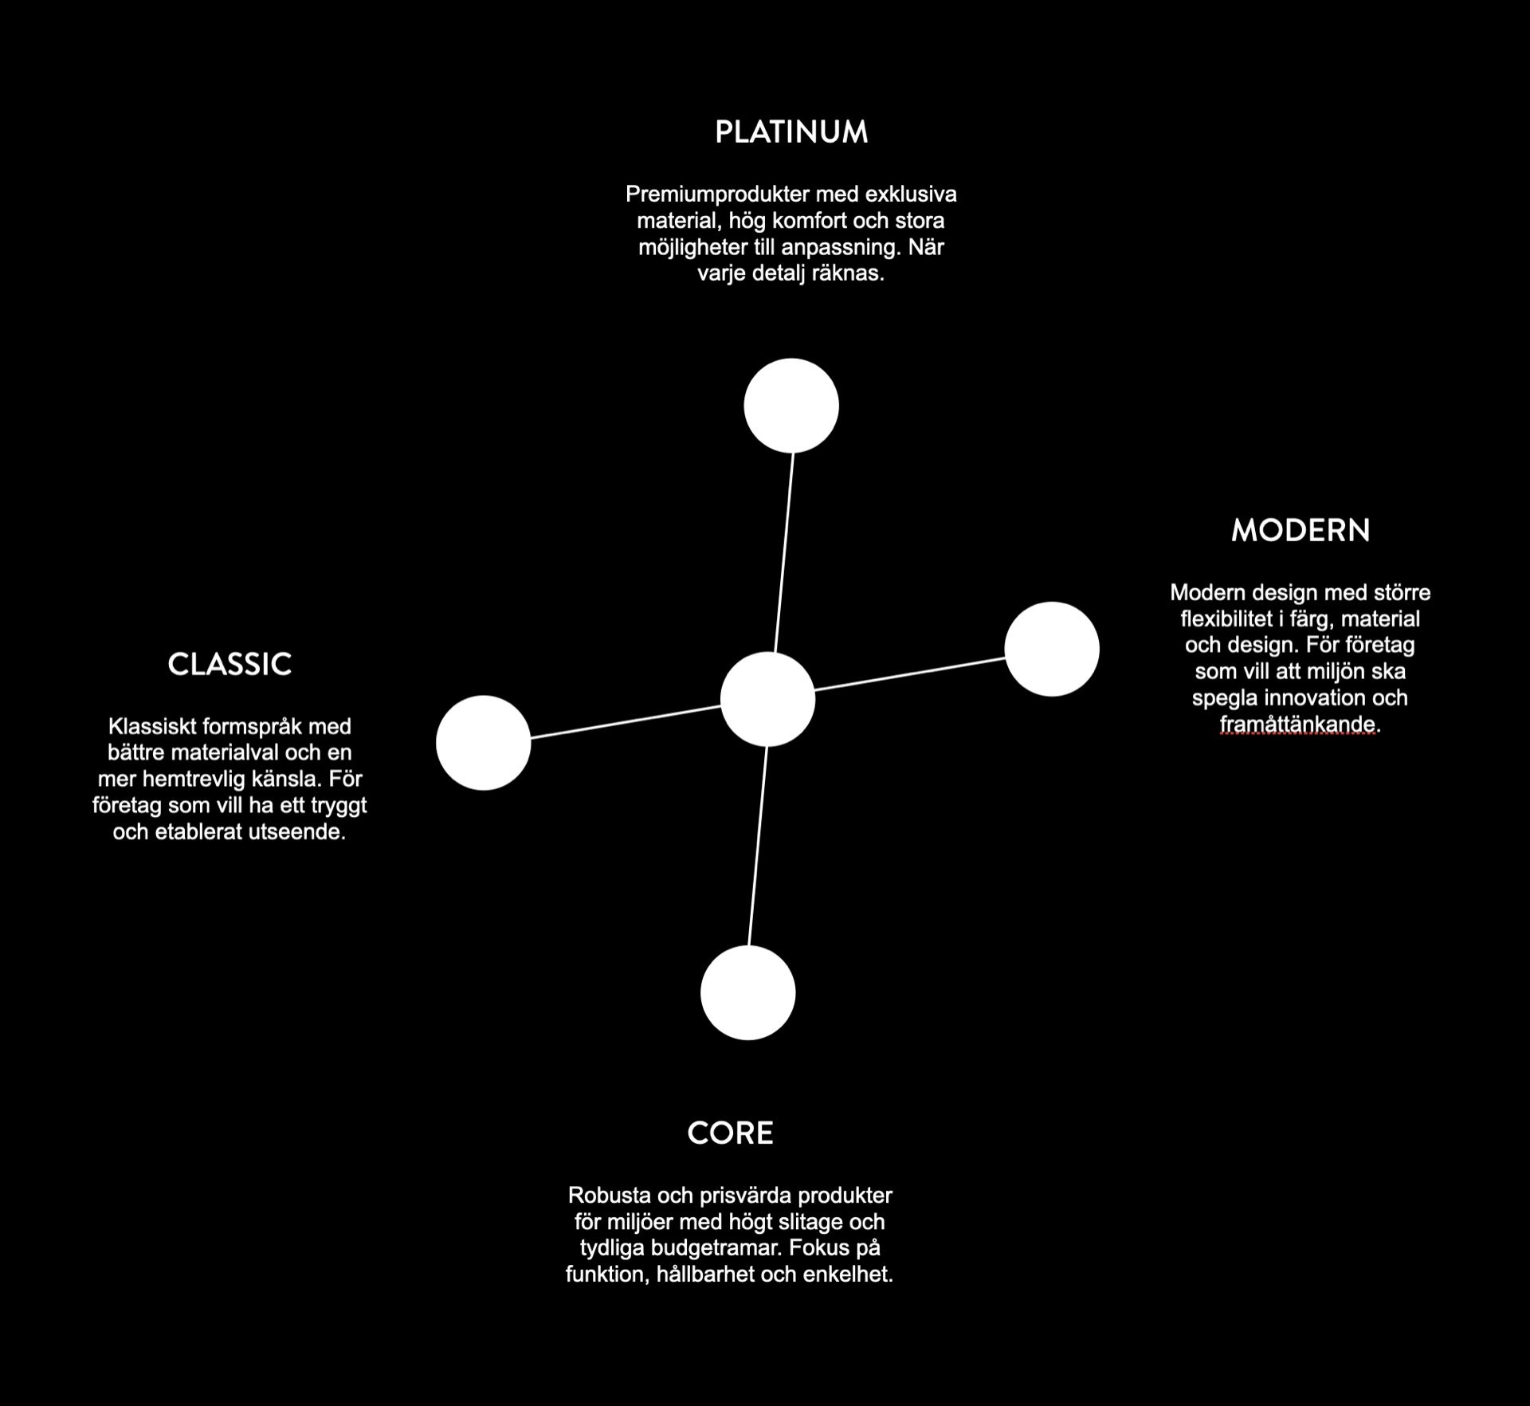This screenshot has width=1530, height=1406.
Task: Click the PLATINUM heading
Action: point(791,132)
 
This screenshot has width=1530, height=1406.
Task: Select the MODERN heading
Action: point(1300,531)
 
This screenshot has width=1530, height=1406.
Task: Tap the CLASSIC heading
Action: point(229,665)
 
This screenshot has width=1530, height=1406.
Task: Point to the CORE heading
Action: point(730,1133)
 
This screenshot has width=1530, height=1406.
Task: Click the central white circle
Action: point(767,699)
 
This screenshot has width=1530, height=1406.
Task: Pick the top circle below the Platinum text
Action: point(791,406)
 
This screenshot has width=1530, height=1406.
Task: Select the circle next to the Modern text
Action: point(1052,649)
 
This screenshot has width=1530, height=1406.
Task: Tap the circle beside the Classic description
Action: point(484,742)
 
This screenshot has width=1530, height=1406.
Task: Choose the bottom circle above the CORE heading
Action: point(747,992)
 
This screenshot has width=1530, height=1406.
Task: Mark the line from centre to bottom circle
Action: point(758,846)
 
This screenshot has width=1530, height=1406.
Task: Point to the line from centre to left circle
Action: point(626,722)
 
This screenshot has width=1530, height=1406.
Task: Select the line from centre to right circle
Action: point(909,674)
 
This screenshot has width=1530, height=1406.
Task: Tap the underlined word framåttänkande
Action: point(1298,724)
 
